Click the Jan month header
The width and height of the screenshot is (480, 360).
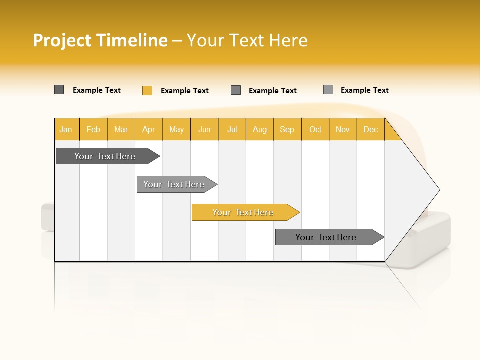click(x=66, y=129)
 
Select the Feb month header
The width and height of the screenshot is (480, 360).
click(x=93, y=129)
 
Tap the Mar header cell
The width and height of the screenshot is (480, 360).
click(x=121, y=129)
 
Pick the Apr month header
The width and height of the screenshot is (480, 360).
click(x=149, y=129)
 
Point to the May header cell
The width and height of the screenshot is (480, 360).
click(x=176, y=129)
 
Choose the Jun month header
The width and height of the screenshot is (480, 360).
click(x=204, y=129)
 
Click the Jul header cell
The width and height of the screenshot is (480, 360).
click(x=232, y=129)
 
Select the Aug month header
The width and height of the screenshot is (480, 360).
click(x=260, y=129)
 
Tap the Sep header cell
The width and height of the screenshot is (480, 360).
click(x=287, y=129)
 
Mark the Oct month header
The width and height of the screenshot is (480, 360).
click(x=315, y=129)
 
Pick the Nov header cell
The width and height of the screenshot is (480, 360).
click(x=343, y=129)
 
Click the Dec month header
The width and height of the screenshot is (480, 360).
click(x=371, y=129)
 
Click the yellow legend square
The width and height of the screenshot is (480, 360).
click(x=147, y=90)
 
